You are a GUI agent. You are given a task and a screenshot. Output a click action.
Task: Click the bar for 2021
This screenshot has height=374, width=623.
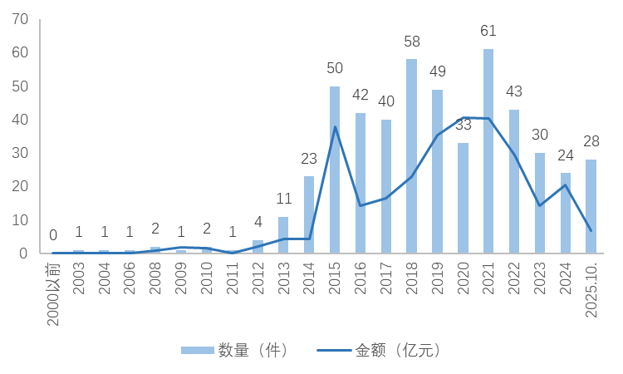point(488,151)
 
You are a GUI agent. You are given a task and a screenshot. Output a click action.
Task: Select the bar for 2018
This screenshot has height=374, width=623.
point(411,156)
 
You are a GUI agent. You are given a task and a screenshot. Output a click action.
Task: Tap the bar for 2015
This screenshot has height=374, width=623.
point(335,170)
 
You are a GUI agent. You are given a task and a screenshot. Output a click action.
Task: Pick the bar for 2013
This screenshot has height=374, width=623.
point(283,235)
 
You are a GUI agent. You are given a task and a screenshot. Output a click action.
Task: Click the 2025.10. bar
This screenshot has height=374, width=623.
point(591,206)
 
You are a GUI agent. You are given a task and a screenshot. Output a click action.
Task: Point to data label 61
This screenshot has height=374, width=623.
point(488,31)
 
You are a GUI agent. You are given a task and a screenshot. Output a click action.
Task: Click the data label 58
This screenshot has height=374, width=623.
point(411,41)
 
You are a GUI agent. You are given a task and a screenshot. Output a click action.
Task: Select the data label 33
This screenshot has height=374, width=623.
point(463,125)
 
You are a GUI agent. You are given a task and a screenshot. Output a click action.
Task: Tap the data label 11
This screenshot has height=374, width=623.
point(283,199)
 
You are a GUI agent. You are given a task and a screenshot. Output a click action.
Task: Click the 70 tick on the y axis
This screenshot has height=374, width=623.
point(20,19)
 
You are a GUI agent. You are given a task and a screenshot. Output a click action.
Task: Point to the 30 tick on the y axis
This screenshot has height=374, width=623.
point(20,153)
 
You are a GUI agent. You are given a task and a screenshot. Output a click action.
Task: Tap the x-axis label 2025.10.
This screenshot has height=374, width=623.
point(591,287)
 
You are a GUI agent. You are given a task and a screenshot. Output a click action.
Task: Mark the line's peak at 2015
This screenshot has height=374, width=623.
point(335,126)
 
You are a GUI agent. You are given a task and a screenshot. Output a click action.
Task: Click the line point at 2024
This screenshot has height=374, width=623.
point(565,185)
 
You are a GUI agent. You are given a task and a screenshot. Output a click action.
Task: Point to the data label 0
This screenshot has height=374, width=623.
point(53,235)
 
